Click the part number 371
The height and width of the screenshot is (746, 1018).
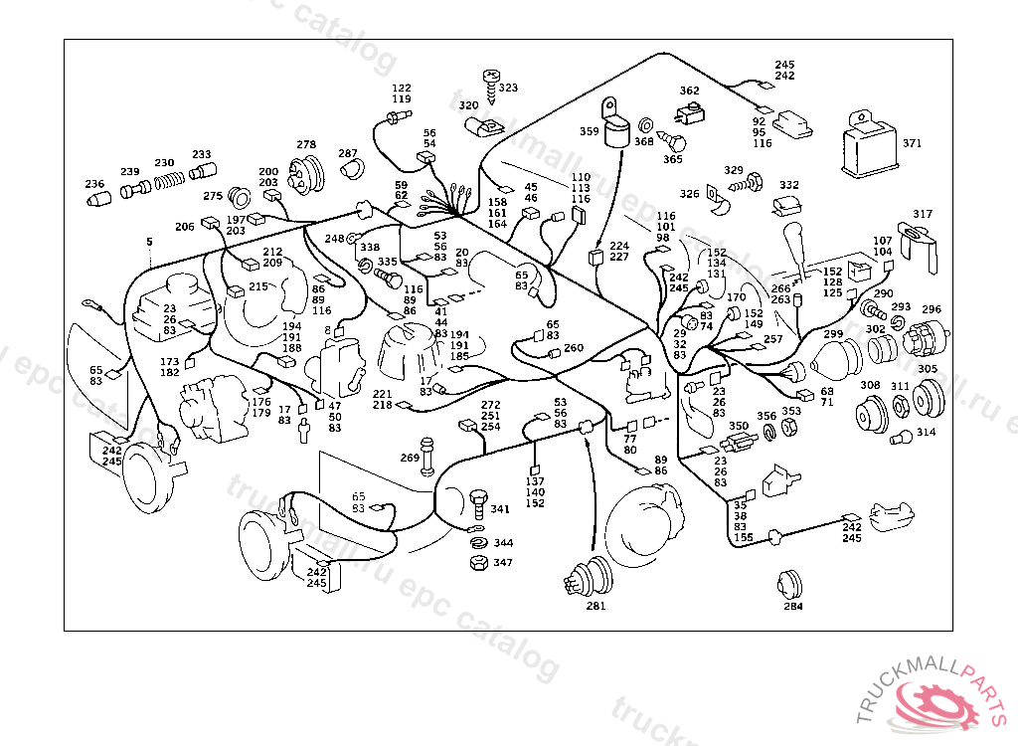[912, 143]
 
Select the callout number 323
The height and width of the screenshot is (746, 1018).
[508, 89]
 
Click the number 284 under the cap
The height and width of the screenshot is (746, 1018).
[792, 606]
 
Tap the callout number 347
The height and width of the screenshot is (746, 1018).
[503, 563]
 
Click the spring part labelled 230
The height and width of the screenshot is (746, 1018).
[170, 182]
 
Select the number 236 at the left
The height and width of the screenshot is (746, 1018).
[94, 184]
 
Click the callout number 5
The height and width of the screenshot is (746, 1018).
[149, 242]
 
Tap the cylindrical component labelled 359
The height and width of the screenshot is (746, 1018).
[617, 126]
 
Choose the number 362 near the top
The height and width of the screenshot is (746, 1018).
[689, 91]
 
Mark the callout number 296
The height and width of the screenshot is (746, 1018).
[931, 309]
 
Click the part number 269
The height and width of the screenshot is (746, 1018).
[410, 458]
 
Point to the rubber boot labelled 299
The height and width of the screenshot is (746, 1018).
[837, 359]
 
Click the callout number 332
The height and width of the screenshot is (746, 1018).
[789, 185]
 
